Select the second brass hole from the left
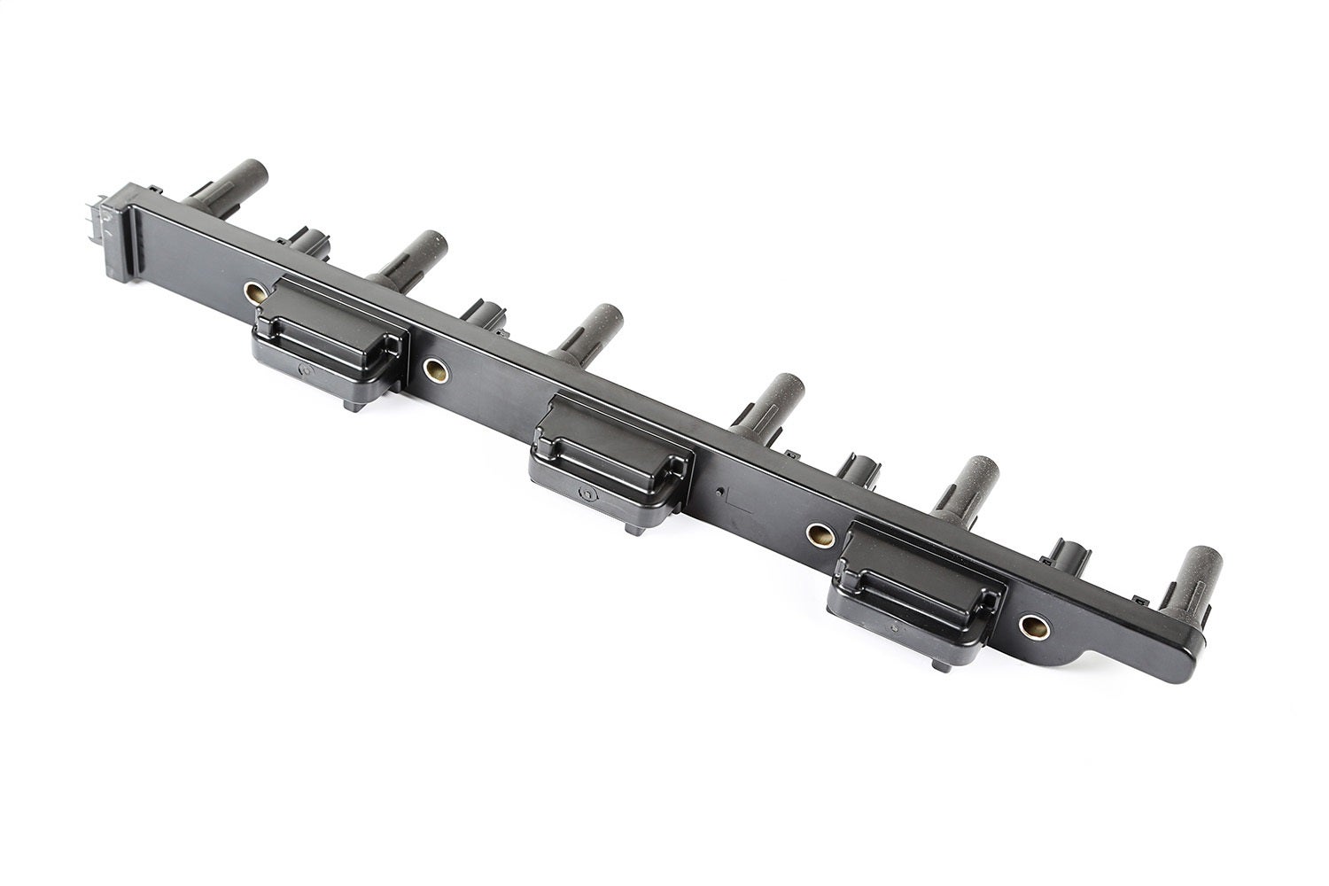[x=434, y=369]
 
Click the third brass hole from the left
[x=818, y=533]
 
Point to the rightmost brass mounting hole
[x=1032, y=626]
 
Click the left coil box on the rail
[x=330, y=336]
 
